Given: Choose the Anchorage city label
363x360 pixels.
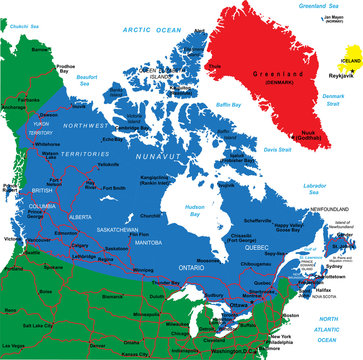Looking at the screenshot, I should point(14,107).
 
